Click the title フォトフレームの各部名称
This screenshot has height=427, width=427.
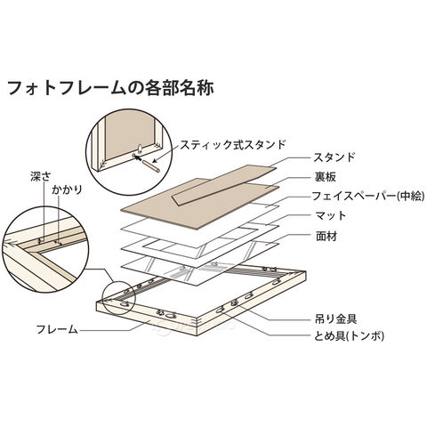point(110,88)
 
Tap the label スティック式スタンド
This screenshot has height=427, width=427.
point(233,145)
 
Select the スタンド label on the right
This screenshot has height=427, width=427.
point(334,157)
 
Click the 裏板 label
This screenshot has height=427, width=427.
point(326,177)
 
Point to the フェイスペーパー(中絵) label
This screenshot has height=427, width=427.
point(367,196)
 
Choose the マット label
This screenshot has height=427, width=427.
point(331,215)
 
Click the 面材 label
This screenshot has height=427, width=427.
point(326,237)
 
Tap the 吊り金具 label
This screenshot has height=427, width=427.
point(335,319)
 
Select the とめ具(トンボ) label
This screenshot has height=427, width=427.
point(349,336)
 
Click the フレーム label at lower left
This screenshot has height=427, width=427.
point(57,329)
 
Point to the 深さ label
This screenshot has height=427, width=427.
point(41,176)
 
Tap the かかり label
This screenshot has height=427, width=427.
point(67,189)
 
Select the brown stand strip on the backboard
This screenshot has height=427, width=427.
point(224,185)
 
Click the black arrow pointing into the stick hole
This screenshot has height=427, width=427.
point(138,157)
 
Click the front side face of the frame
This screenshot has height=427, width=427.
point(147,318)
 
